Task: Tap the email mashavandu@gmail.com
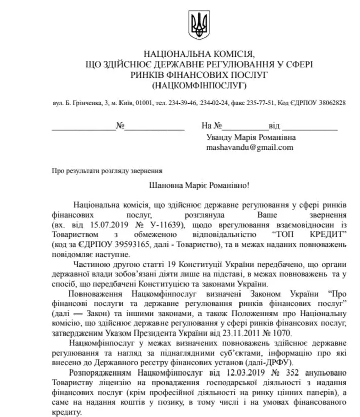(249, 148)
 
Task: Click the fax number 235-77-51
(260, 103)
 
